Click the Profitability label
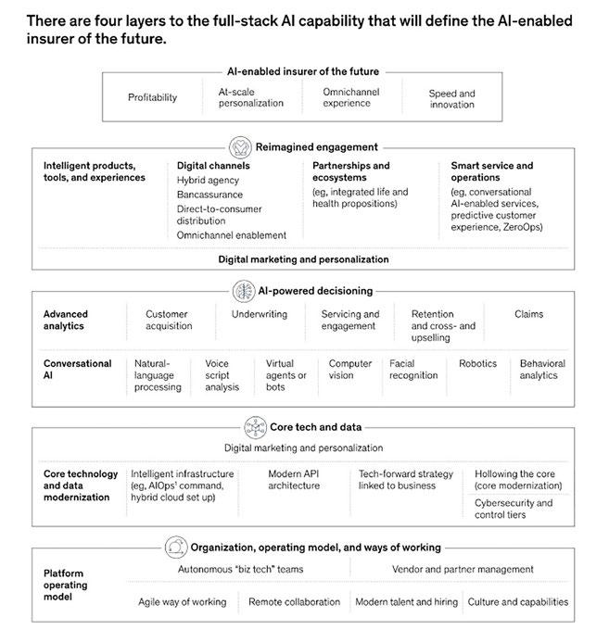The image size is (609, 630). click(152, 97)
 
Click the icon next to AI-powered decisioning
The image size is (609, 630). click(243, 290)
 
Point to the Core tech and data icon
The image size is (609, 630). click(256, 427)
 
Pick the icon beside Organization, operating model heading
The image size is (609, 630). click(176, 547)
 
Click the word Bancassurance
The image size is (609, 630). click(209, 195)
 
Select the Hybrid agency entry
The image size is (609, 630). click(208, 181)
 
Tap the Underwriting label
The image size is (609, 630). click(260, 314)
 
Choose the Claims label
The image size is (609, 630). click(528, 314)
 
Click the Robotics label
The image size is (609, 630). click(477, 364)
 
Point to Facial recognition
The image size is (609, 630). click(413, 370)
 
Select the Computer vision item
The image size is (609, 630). click(350, 370)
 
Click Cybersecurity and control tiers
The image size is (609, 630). click(514, 510)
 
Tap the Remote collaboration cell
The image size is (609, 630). click(294, 601)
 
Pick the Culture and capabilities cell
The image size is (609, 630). click(517, 601)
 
